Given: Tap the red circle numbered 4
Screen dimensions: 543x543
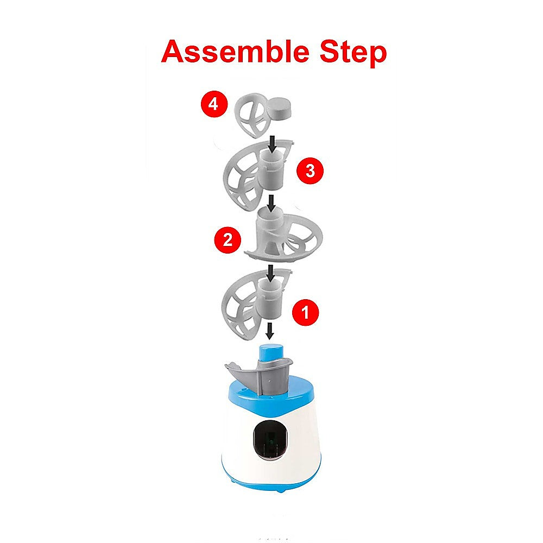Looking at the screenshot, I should pyautogui.click(x=213, y=103).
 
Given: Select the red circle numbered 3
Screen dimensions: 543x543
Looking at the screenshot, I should pyautogui.click(x=310, y=171).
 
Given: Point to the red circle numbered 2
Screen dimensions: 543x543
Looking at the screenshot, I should pyautogui.click(x=228, y=239).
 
